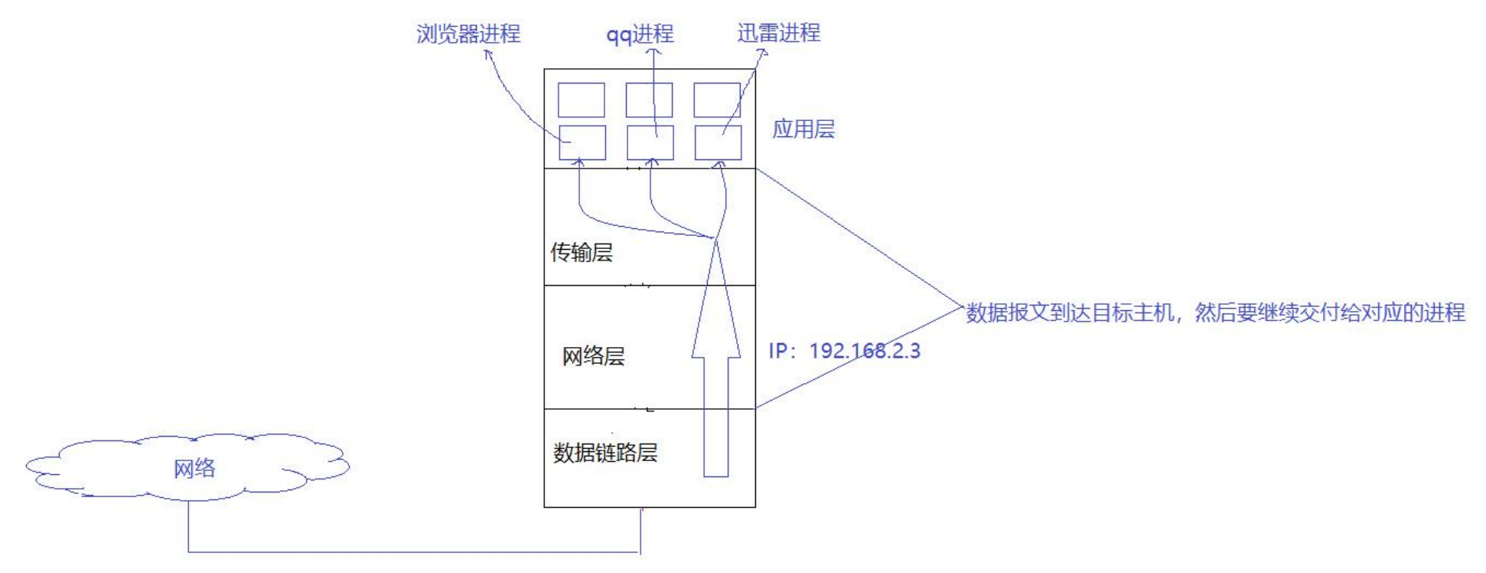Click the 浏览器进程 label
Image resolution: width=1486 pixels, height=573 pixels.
(x=468, y=34)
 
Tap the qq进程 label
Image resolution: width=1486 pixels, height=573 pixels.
(x=640, y=34)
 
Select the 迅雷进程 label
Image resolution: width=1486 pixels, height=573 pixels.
(x=778, y=33)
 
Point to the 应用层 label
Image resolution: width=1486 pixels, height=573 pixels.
(x=803, y=129)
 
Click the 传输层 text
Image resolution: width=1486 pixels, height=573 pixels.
(x=582, y=252)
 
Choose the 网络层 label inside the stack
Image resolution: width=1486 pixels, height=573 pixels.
(x=593, y=355)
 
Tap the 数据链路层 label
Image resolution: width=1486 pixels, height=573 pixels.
(x=605, y=452)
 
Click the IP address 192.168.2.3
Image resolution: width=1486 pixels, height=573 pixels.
(x=845, y=351)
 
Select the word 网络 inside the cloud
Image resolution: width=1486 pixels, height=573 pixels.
(x=194, y=468)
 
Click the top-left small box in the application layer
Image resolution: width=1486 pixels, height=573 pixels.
(x=581, y=100)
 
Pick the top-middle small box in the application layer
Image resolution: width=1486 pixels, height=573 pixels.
(x=649, y=100)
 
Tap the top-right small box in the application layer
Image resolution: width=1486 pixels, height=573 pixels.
(x=717, y=100)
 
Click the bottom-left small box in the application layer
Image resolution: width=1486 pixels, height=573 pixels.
(x=582, y=143)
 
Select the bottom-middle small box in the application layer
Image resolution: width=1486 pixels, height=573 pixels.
(x=650, y=143)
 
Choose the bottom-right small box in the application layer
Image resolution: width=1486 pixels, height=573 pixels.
(x=718, y=143)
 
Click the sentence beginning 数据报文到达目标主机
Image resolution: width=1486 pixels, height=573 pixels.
(x=1215, y=313)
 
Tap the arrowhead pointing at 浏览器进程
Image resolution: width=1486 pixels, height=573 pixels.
(x=488, y=53)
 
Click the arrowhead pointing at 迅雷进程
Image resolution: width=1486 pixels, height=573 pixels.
(x=761, y=52)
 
